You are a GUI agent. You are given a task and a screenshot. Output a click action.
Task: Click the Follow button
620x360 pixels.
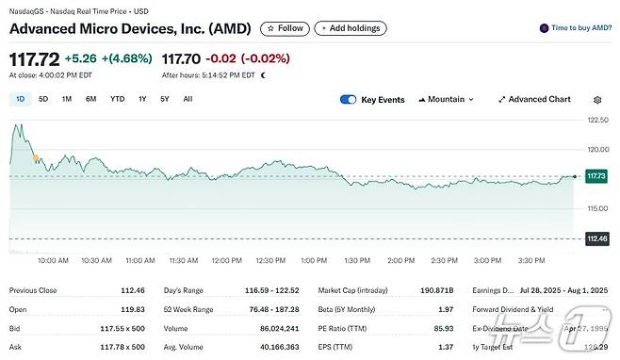284,28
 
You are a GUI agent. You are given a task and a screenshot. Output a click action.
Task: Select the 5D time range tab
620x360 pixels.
43,99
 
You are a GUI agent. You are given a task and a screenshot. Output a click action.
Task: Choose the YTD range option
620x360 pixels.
117,99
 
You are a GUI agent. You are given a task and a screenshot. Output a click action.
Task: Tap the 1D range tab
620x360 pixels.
20,99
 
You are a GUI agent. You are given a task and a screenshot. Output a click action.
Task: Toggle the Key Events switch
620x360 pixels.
349,99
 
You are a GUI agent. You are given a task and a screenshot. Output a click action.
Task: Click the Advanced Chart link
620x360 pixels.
534,99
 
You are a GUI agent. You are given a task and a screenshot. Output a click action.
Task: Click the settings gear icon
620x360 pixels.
597,99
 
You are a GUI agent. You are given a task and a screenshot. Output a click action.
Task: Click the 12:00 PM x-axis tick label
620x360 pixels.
227,259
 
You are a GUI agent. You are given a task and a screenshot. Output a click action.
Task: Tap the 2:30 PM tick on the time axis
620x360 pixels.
444,259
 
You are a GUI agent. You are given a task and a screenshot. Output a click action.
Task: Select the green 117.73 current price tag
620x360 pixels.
596,176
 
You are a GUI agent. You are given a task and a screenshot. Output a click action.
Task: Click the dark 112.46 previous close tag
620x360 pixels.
596,237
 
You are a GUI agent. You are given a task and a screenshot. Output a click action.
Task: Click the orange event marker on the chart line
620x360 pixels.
35,157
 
